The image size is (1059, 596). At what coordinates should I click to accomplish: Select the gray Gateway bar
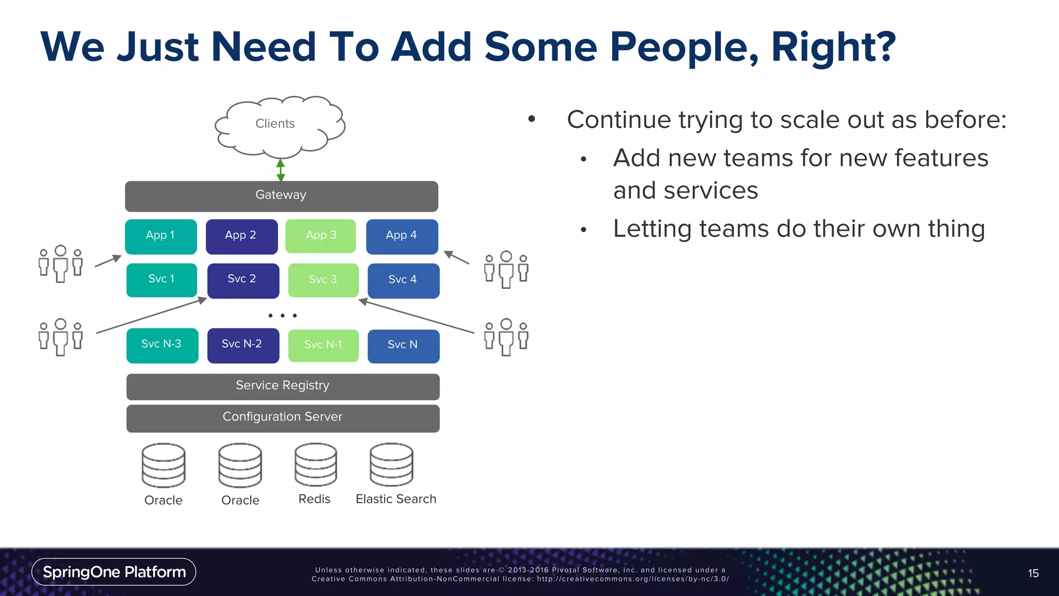click(281, 196)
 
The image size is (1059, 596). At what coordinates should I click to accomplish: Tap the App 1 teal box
click(161, 236)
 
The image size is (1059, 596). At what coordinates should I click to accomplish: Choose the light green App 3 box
click(321, 236)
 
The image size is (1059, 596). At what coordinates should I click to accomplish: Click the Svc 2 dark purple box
click(243, 280)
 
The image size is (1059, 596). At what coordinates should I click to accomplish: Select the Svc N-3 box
click(162, 345)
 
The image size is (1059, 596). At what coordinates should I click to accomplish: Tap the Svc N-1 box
click(323, 346)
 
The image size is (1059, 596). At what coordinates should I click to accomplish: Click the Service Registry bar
click(283, 386)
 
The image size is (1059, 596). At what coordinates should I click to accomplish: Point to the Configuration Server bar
click(283, 418)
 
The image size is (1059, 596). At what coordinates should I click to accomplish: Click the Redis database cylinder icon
click(315, 465)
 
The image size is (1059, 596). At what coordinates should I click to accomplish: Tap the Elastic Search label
click(396, 499)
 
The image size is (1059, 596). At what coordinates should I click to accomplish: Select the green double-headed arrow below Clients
click(281, 170)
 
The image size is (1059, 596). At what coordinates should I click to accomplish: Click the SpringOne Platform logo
click(114, 572)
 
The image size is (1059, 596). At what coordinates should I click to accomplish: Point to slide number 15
click(1033, 573)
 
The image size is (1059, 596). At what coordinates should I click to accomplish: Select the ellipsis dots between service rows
click(282, 316)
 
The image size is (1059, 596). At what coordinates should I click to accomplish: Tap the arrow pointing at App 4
click(457, 257)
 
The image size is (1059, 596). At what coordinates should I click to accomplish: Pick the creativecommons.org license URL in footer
click(633, 579)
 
